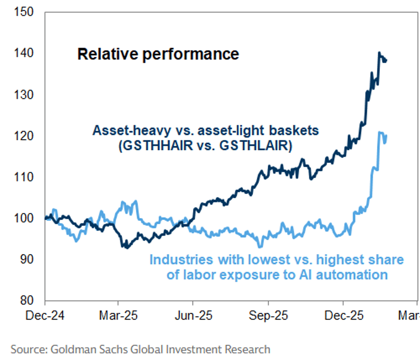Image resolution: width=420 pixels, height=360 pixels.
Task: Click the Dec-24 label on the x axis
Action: coord(45,316)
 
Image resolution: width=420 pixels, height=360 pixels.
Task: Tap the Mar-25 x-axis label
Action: coord(118,316)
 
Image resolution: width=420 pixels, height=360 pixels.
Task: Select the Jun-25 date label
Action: coord(193,316)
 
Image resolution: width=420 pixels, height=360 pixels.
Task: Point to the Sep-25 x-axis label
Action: coord(268,316)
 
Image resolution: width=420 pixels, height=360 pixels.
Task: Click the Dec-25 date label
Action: coord(344,316)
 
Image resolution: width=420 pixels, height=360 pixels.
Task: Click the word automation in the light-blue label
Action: coord(352,275)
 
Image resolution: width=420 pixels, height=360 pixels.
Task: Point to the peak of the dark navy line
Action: coord(379,53)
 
